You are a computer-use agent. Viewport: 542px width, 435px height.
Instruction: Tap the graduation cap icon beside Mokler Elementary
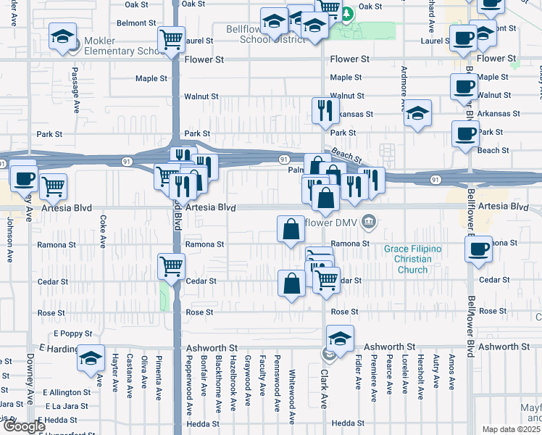[63, 36]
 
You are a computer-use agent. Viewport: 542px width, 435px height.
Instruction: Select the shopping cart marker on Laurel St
[171, 40]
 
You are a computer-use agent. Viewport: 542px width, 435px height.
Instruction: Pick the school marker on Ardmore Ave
[417, 114]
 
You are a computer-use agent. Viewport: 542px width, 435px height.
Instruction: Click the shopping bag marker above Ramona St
[291, 230]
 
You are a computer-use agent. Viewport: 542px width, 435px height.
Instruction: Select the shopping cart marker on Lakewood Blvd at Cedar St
[172, 266]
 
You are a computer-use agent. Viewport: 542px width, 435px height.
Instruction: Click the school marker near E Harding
[91, 358]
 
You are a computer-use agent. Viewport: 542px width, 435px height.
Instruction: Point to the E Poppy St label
[73, 334]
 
